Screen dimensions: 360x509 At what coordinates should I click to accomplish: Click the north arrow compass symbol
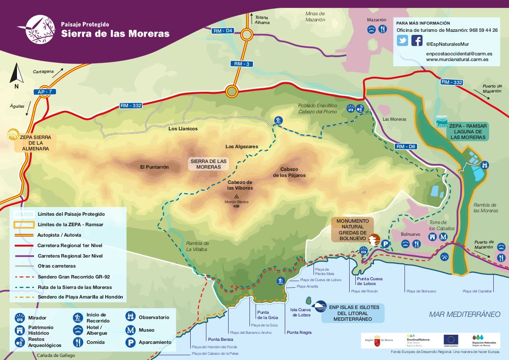click(17, 74)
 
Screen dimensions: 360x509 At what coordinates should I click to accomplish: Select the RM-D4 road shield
click(223, 31)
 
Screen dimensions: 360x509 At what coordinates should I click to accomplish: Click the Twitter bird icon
click(402, 41)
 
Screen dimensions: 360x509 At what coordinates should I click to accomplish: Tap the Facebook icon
click(417, 41)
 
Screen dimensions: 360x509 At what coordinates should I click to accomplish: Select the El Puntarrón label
click(154, 167)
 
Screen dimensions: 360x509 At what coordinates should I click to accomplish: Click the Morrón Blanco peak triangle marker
click(236, 197)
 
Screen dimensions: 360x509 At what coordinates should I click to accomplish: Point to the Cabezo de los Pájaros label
click(289, 172)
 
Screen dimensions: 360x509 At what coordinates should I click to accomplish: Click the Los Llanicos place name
click(183, 129)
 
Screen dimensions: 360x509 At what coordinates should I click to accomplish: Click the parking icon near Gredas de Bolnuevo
click(385, 245)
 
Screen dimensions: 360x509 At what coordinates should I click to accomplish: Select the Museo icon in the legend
click(130, 330)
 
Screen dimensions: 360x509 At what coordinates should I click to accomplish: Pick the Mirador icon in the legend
click(20, 318)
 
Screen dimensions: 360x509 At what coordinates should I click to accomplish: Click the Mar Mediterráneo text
click(464, 314)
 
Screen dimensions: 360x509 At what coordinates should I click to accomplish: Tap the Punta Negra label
click(299, 333)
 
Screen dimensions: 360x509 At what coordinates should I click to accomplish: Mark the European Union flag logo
click(451, 339)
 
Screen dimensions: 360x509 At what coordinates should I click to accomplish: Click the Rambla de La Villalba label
click(197, 246)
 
